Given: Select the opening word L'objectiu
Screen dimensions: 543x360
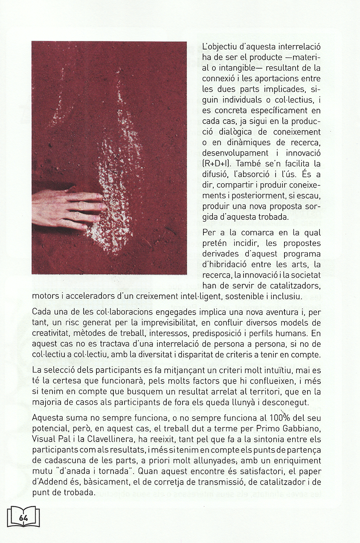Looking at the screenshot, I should point(221,46).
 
